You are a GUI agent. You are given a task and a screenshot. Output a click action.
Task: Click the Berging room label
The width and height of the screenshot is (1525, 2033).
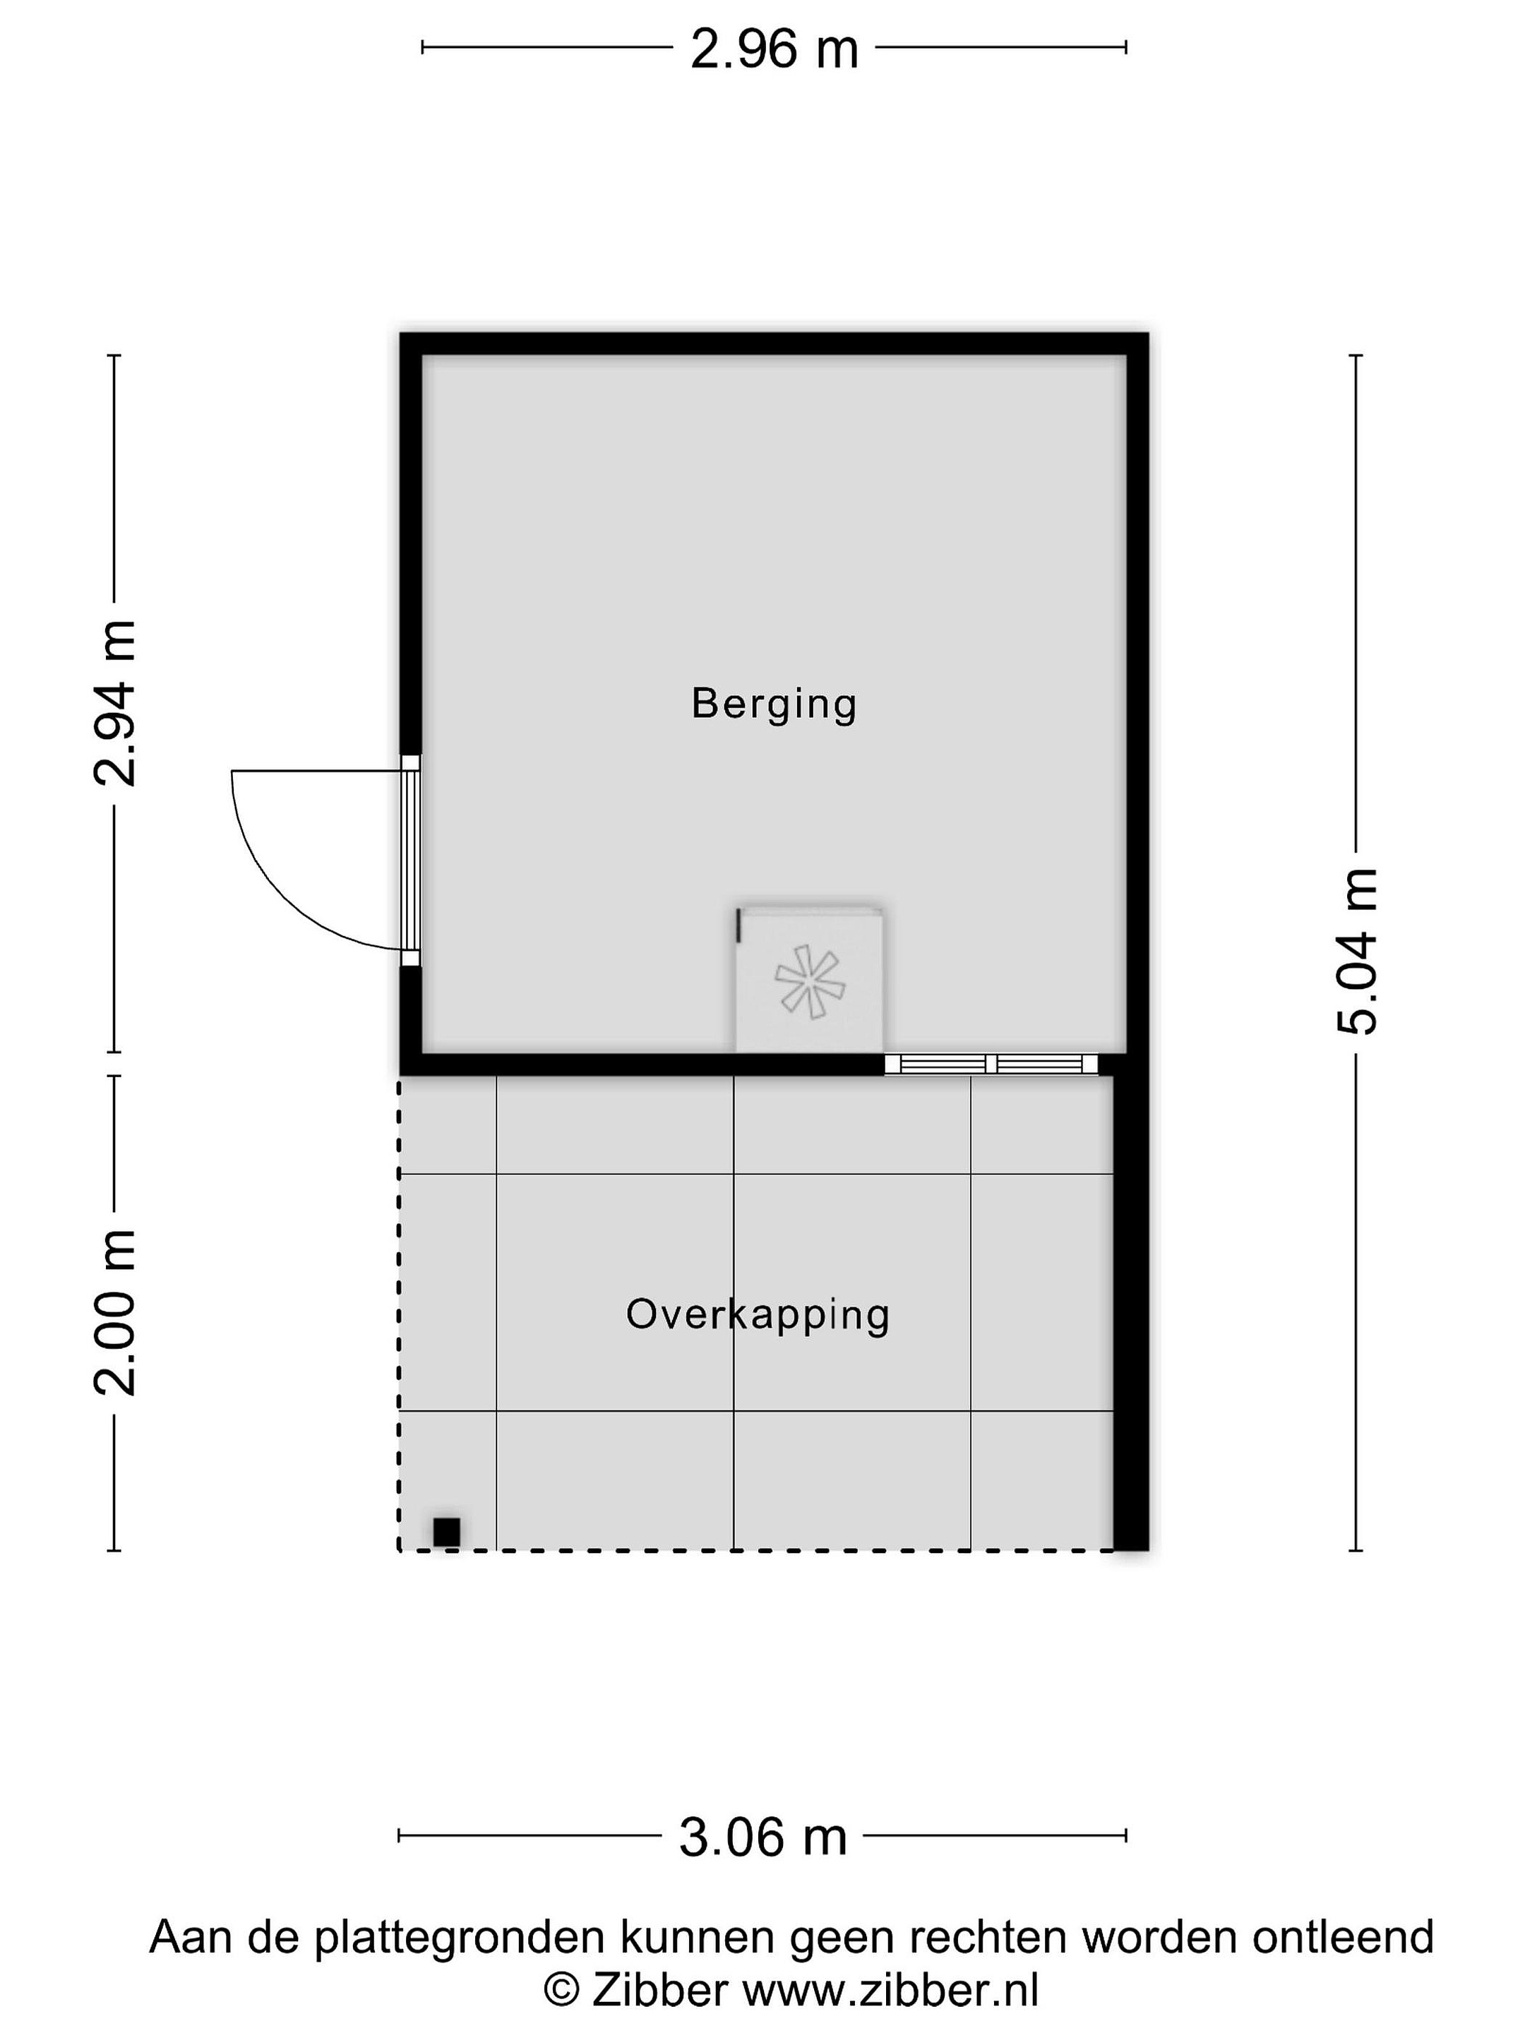tap(774, 705)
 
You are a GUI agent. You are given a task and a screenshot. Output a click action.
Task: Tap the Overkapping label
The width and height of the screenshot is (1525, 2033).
tap(758, 1315)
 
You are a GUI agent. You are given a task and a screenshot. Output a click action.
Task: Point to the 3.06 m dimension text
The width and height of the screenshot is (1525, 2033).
tap(763, 1837)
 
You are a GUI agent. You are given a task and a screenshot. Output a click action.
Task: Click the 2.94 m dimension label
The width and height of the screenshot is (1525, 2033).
tap(116, 703)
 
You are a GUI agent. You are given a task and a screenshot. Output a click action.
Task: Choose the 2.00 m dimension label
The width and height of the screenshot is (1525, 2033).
tap(116, 1312)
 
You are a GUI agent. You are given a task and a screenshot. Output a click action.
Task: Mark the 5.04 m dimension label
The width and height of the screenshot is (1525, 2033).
tap(1358, 952)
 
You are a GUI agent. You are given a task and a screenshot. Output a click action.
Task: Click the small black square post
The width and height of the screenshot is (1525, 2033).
tap(447, 1532)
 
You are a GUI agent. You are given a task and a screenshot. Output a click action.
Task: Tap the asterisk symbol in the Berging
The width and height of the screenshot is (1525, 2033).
tap(810, 982)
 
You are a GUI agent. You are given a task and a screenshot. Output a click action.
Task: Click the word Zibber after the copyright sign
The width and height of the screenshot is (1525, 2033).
tap(660, 1991)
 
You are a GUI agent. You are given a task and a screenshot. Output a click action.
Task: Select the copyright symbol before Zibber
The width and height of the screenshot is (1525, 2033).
tap(562, 1991)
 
